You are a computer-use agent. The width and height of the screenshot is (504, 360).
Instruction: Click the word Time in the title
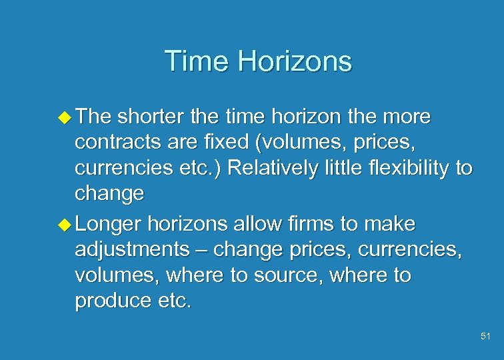[x=195, y=61]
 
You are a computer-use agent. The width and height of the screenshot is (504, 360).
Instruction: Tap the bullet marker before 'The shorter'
[x=66, y=118]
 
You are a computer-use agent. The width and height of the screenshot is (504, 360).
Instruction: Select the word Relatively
[x=280, y=168]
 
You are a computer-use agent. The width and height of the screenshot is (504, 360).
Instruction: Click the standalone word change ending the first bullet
[x=109, y=194]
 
